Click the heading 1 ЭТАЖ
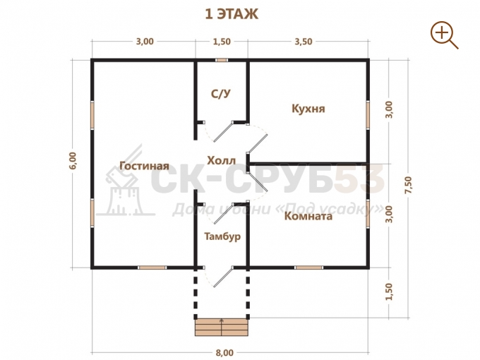[232, 14]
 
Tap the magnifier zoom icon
[444, 35]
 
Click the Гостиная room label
[144, 166]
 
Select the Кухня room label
[308, 109]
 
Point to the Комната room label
[308, 216]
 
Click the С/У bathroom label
[221, 94]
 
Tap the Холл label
[222, 161]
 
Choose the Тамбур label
[222, 236]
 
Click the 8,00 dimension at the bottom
[224, 353]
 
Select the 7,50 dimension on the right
[409, 185]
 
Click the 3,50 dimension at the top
[304, 42]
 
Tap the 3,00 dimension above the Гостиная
[145, 42]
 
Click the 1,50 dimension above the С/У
[222, 42]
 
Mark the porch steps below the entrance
[222, 328]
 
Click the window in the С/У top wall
[222, 60]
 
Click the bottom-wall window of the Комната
[309, 268]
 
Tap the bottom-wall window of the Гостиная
[152, 268]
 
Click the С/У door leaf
[223, 132]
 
